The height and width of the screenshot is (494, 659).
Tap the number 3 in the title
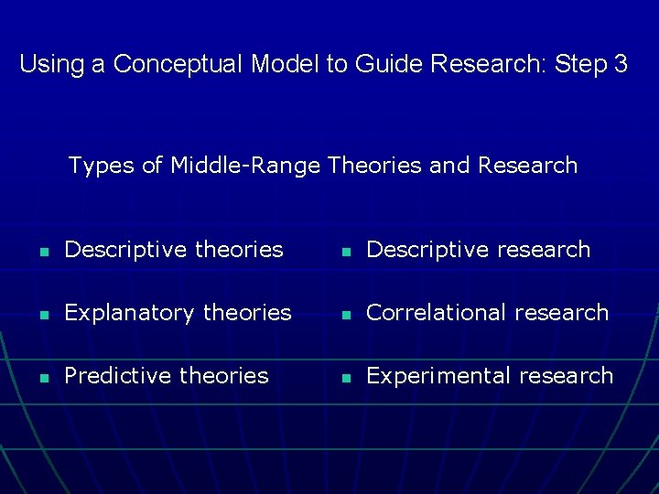621,64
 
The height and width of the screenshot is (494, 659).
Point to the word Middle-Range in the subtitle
245,166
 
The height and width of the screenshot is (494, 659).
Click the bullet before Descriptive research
343,251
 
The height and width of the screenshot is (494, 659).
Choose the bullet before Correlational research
343,314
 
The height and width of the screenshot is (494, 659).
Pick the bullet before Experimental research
343,377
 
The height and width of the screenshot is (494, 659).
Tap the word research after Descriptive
544,250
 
